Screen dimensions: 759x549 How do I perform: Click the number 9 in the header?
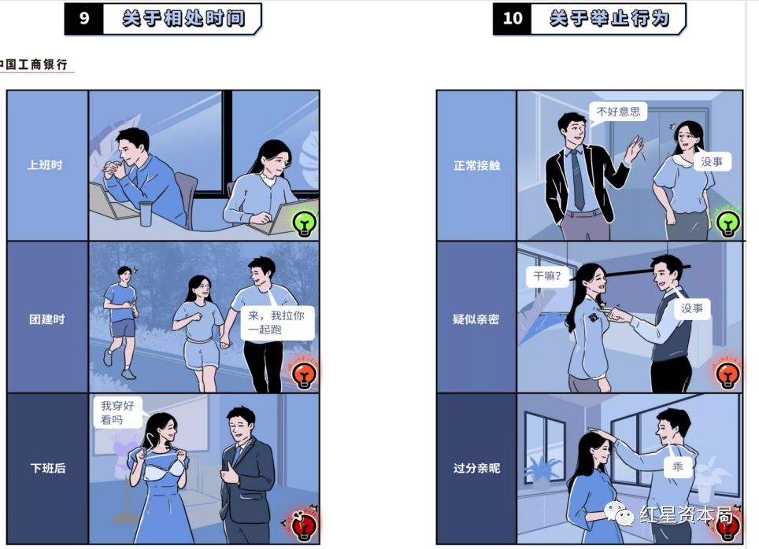(83, 18)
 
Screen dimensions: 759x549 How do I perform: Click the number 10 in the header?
(512, 18)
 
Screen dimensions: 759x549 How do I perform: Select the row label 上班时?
(45, 165)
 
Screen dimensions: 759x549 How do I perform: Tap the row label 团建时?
(47, 319)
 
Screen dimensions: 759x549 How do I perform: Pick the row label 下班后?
(47, 468)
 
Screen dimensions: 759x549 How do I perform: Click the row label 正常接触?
(477, 165)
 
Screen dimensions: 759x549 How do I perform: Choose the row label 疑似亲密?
(476, 319)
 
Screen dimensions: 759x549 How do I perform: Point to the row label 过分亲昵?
(476, 468)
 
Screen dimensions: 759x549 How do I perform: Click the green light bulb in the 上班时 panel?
(305, 223)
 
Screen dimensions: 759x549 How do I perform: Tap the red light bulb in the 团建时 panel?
(305, 375)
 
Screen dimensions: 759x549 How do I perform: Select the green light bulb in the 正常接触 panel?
(728, 223)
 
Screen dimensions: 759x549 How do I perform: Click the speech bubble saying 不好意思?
(618, 112)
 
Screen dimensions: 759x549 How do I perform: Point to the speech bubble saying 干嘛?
(547, 276)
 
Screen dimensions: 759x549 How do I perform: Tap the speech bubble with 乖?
(678, 466)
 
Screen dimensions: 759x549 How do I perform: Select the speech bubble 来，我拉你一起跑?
(276, 322)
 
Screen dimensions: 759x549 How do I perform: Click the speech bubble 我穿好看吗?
(117, 412)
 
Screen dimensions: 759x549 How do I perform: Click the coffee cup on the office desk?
(146, 214)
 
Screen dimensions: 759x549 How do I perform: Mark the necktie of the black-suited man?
(577, 179)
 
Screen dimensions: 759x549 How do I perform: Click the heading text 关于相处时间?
(183, 18)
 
